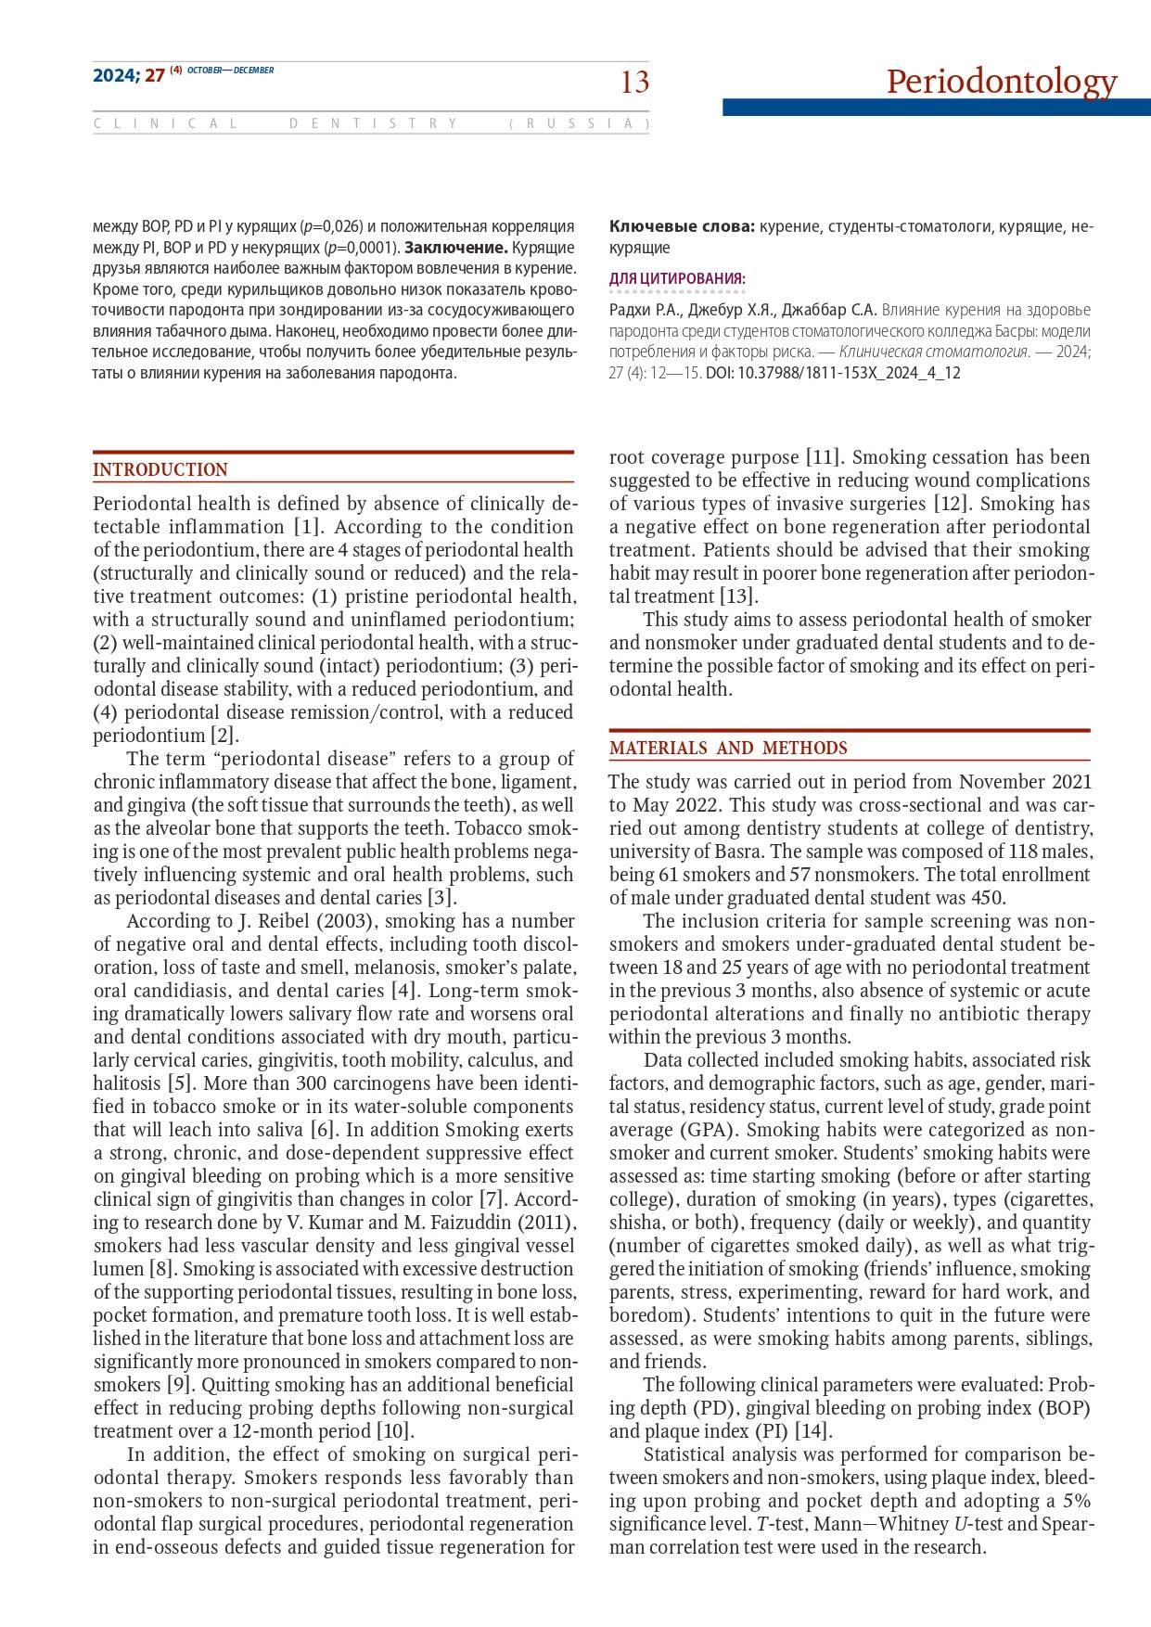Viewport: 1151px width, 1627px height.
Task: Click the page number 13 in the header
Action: click(x=634, y=83)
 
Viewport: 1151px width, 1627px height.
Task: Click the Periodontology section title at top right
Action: click(x=1001, y=82)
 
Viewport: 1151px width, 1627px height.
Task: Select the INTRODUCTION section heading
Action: click(x=160, y=470)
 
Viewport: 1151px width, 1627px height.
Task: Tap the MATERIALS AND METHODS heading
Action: click(x=728, y=749)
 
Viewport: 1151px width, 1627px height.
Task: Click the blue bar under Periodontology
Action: click(x=936, y=108)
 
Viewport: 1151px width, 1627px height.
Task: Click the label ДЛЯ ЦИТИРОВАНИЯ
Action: click(x=677, y=278)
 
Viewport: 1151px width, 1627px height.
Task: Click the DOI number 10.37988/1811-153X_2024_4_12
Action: click(x=849, y=373)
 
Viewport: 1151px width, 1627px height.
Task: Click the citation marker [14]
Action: click(x=814, y=1431)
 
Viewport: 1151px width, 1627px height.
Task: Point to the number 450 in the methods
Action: click(x=989, y=898)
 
